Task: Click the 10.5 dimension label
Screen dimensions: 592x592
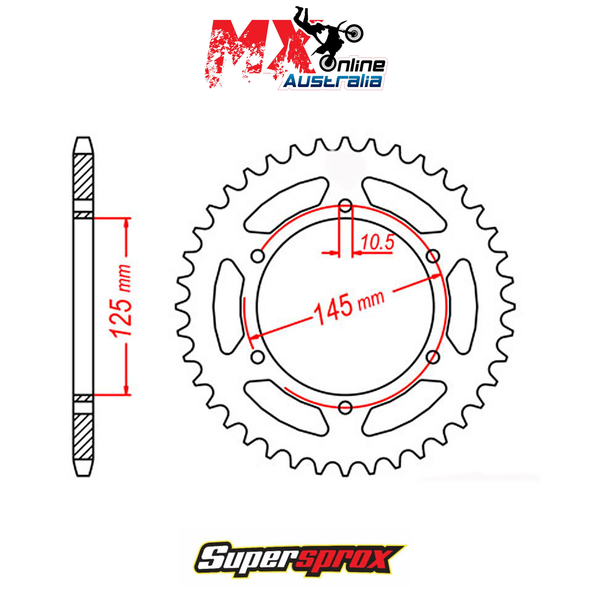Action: (x=378, y=243)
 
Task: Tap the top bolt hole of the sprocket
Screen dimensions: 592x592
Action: (x=346, y=206)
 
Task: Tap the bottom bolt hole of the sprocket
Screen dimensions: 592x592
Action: (x=345, y=407)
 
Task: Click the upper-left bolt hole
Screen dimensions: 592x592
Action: (x=258, y=256)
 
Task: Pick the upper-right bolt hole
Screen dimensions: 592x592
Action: (x=433, y=256)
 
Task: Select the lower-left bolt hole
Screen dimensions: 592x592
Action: (x=258, y=357)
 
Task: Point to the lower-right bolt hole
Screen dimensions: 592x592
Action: (x=433, y=357)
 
